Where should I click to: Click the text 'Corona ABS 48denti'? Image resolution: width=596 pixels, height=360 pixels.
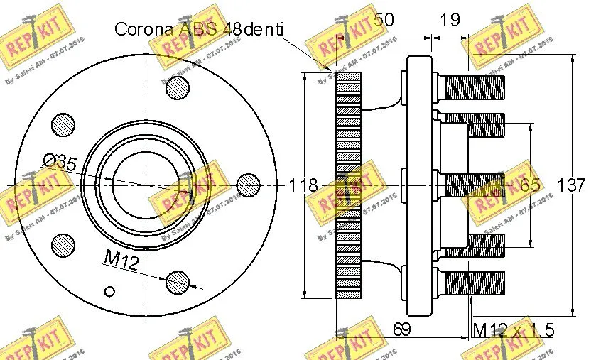click(x=199, y=29)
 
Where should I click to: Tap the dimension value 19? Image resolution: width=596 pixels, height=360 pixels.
click(x=450, y=20)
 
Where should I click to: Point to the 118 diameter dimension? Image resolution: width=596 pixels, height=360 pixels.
click(x=303, y=186)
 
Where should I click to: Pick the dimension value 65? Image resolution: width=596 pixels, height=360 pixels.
click(x=531, y=185)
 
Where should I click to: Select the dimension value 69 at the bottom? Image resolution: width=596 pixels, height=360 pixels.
click(x=403, y=329)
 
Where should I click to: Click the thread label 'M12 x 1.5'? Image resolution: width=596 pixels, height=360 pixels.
click(x=513, y=330)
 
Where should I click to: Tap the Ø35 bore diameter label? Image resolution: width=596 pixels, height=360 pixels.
click(x=60, y=162)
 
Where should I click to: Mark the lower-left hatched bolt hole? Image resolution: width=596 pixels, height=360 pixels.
click(x=64, y=246)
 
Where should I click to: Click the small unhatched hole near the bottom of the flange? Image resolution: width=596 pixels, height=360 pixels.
click(x=109, y=290)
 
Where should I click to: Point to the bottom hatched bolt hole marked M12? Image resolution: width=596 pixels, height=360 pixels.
click(x=178, y=282)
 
